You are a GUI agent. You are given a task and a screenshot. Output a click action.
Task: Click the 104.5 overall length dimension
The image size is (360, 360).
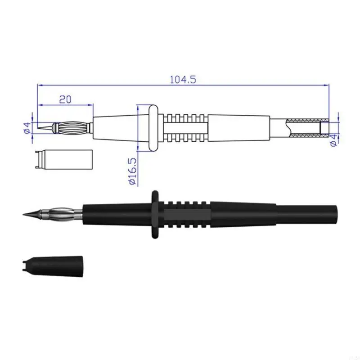click(183, 79)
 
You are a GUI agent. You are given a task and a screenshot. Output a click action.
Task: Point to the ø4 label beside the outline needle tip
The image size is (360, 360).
click(26, 128)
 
